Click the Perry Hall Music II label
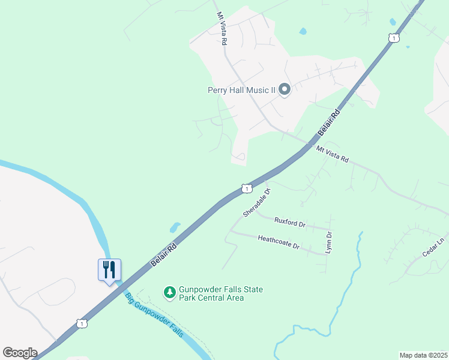click(x=241, y=91)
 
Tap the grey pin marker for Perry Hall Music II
click(x=285, y=90)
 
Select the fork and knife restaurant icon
click(x=109, y=269)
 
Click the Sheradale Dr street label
click(x=258, y=202)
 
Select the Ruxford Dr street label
click(x=290, y=222)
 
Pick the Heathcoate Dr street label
click(x=278, y=242)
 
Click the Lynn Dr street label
click(x=329, y=242)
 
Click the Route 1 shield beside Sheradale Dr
click(x=246, y=188)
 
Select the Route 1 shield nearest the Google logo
click(x=82, y=323)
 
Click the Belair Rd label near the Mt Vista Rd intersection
click(x=328, y=122)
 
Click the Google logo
click(x=20, y=353)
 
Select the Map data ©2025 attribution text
click(x=423, y=355)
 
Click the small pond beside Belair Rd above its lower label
click(x=175, y=227)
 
